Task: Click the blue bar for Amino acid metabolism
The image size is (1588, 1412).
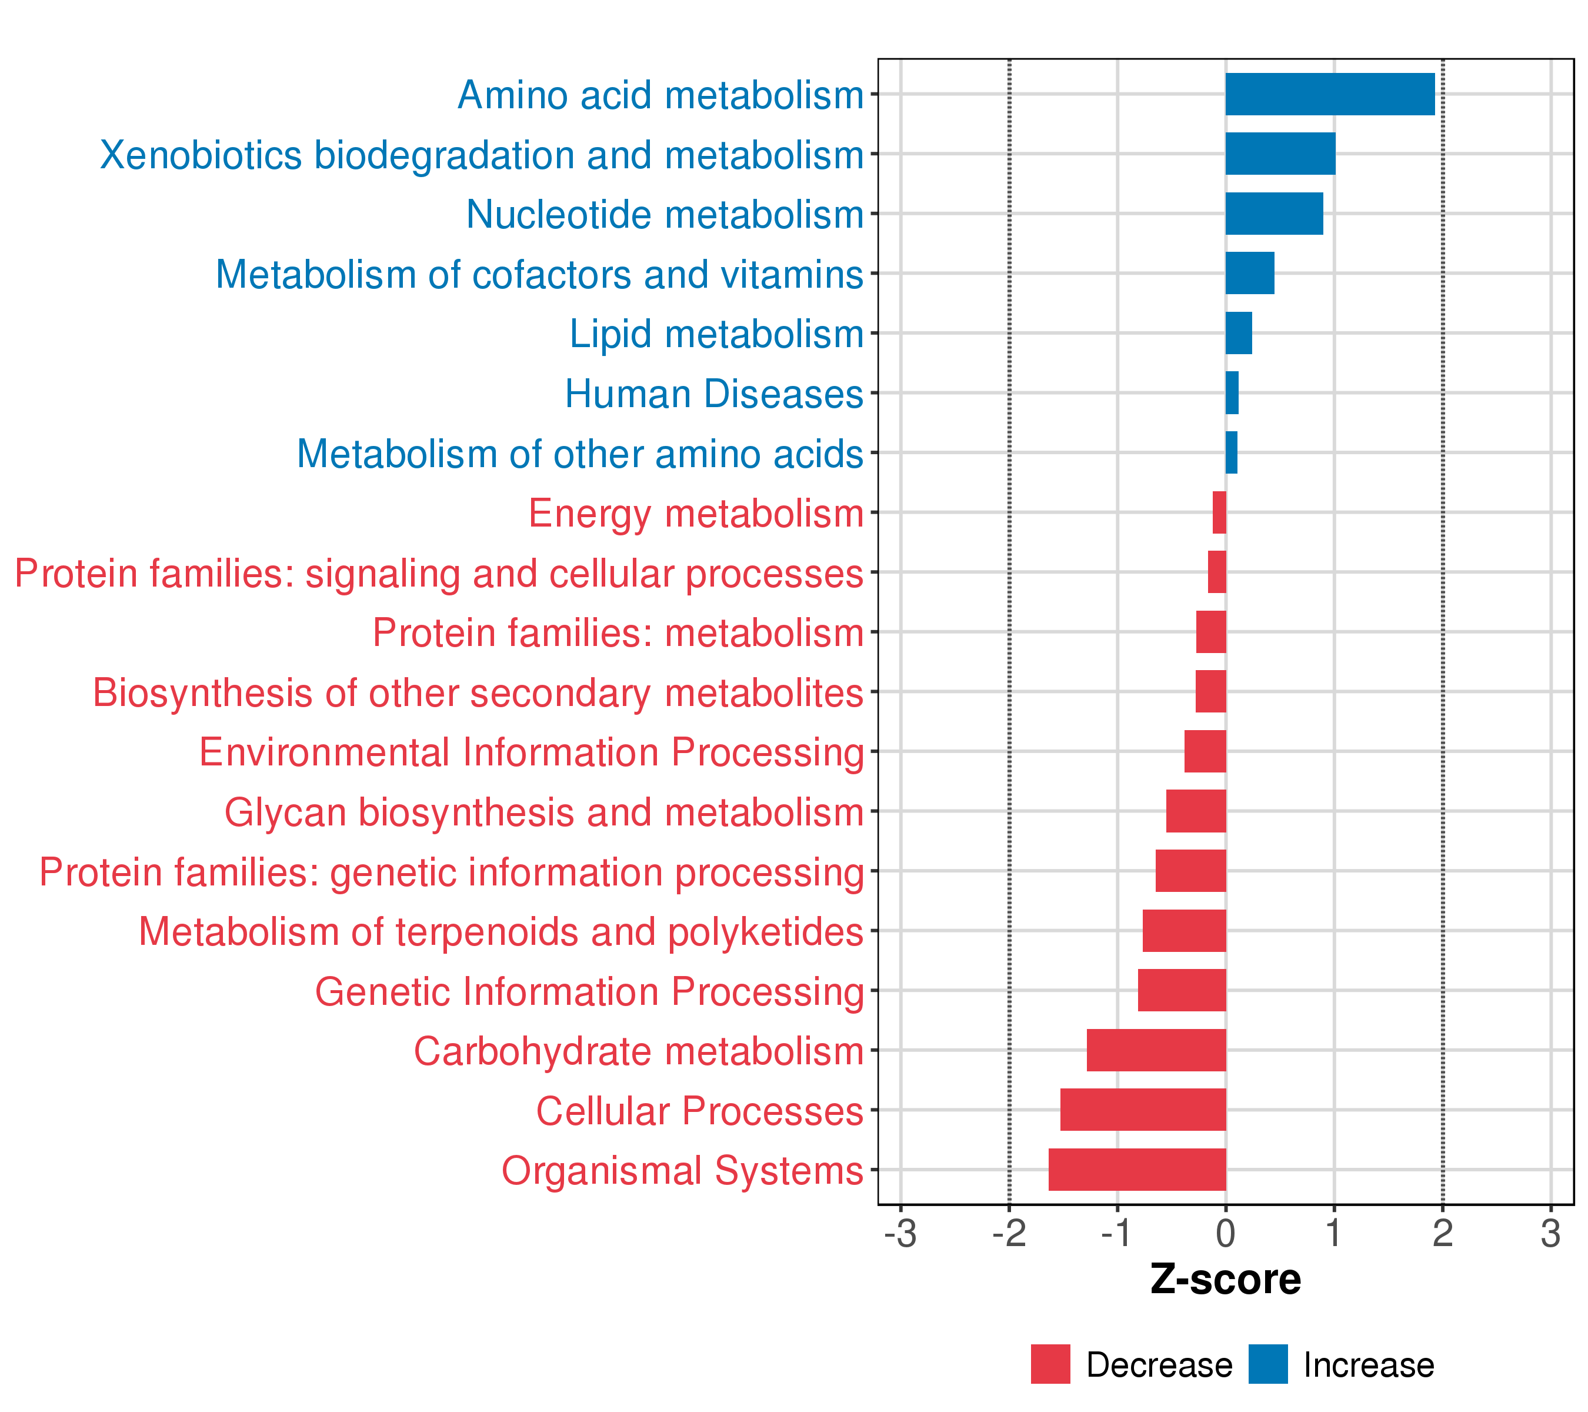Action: pos(1330,94)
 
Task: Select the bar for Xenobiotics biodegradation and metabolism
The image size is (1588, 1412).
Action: pos(1280,154)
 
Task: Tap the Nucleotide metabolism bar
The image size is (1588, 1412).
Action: pos(1274,214)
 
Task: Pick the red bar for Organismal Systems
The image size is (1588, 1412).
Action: pos(1137,1170)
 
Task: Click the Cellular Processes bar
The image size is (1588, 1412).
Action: pos(1143,1110)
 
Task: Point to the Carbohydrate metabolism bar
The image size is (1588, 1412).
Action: pos(1156,1050)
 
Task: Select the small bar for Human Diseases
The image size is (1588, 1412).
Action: pos(1232,392)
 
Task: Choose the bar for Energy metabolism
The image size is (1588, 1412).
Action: pos(1220,512)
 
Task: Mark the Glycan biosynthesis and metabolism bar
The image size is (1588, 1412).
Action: pos(1196,811)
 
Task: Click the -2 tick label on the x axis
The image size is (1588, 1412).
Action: pos(1009,1234)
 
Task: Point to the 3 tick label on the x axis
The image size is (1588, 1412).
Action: pos(1551,1234)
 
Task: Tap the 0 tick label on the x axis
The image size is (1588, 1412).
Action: pos(1226,1234)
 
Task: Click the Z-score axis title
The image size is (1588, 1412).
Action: pos(1226,1280)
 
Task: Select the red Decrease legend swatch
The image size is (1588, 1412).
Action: pos(1050,1364)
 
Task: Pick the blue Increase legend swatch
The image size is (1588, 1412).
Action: pos(1268,1364)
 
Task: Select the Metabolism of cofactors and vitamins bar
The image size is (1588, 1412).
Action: pos(1250,273)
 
